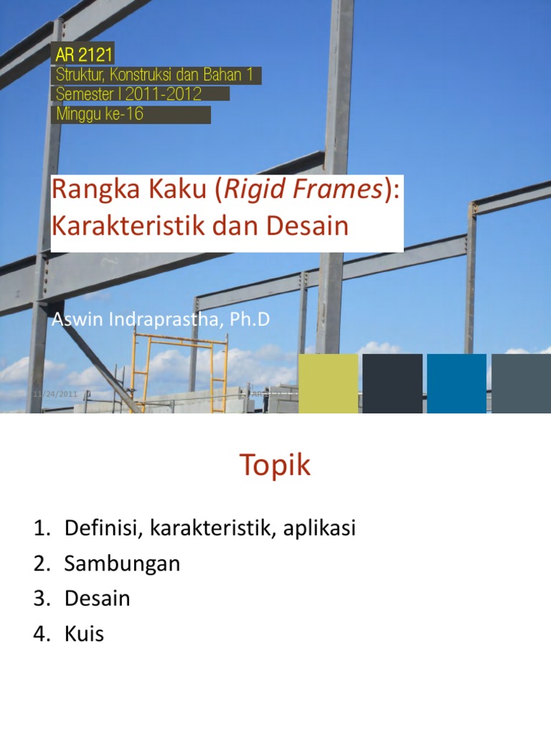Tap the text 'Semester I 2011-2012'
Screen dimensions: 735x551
(x=129, y=94)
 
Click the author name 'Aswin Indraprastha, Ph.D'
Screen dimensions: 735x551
(x=161, y=319)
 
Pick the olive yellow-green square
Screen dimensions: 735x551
(x=328, y=383)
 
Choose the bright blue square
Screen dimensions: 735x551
(x=456, y=383)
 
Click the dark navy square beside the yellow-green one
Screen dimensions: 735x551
(x=392, y=383)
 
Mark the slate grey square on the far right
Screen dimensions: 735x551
(x=520, y=383)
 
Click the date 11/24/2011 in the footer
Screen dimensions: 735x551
(x=56, y=394)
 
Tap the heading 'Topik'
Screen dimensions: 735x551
(x=275, y=466)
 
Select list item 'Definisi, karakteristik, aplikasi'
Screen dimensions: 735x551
(x=210, y=529)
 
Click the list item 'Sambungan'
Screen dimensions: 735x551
(x=122, y=564)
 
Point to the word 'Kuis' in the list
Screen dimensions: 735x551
(x=84, y=635)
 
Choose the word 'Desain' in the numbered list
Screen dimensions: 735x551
(x=97, y=599)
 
